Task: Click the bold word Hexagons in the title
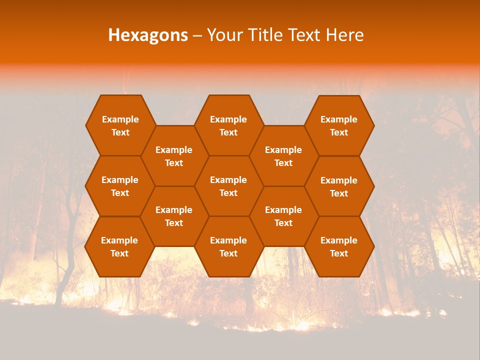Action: coord(148,35)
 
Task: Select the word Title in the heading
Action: coord(267,35)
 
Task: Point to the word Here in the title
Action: coord(344,35)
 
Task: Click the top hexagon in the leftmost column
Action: coord(120,125)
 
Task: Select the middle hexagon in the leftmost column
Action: coord(120,186)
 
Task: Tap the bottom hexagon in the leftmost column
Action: coord(119,246)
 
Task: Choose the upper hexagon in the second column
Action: coord(174,156)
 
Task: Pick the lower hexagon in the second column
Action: coord(174,216)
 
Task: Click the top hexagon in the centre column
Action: coord(228,125)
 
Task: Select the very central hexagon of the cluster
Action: coord(228,186)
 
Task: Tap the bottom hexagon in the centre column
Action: coord(228,246)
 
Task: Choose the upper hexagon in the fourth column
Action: coord(283,156)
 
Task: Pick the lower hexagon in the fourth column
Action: coord(283,216)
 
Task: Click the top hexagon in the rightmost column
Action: coord(339,125)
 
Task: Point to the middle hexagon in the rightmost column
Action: coord(339,186)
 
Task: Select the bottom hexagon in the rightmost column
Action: coord(339,246)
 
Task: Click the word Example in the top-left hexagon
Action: coord(120,119)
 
